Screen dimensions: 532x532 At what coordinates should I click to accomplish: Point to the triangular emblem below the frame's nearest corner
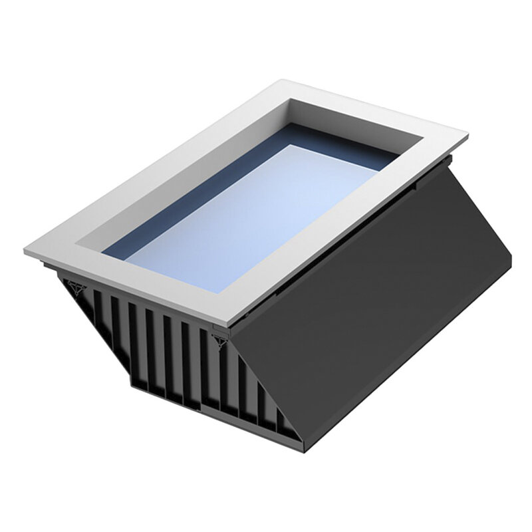tap(220, 339)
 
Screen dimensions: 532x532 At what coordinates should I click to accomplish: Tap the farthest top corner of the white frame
tap(293, 81)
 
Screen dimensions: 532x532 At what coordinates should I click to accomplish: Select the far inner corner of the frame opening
tap(291, 100)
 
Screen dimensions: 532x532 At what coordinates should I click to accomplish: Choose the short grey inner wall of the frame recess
tap(356, 120)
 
